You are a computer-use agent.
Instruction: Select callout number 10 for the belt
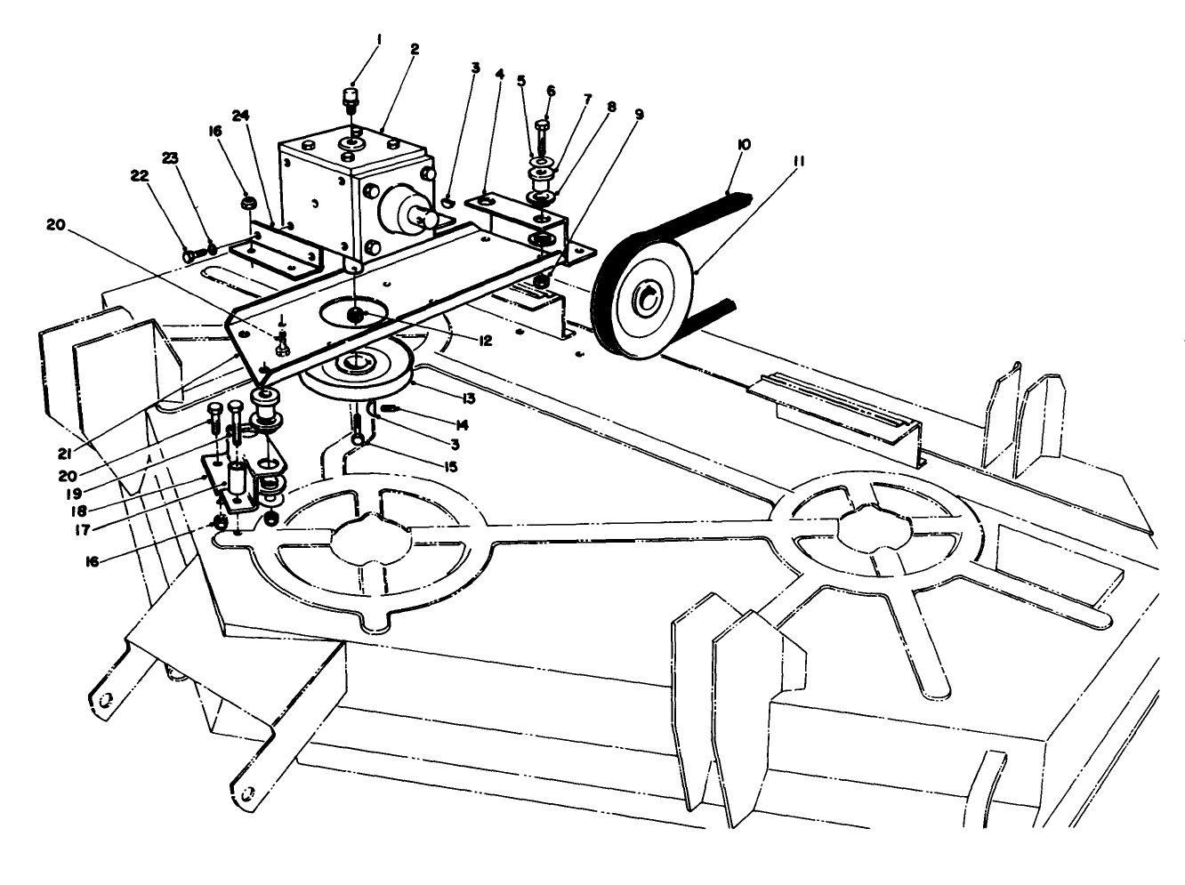[745, 142]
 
